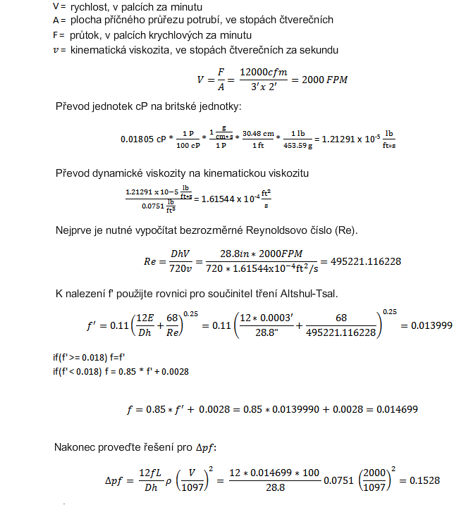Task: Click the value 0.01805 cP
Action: tap(143, 139)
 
